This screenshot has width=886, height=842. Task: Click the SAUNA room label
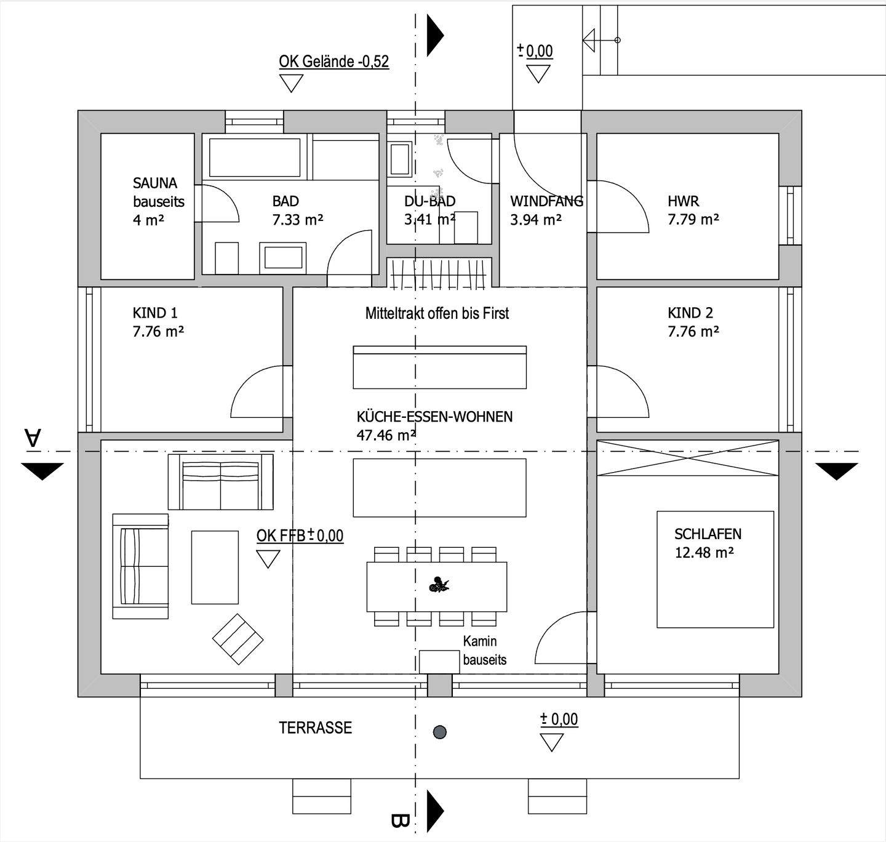pos(155,183)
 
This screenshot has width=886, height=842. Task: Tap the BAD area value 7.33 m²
pos(298,220)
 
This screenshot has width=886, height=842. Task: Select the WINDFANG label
pos(546,201)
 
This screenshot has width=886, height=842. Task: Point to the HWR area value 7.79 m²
pos(693,220)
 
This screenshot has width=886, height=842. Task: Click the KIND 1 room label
pos(155,313)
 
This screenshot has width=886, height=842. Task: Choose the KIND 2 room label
pos(690,313)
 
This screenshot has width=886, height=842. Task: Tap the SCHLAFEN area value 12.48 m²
pos(704,553)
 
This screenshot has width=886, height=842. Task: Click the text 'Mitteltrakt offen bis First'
pos(437,313)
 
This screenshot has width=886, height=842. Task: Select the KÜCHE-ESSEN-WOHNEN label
pos(434,417)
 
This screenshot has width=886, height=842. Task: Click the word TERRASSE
pos(316,728)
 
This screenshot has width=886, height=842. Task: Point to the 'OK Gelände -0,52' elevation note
pos(333,62)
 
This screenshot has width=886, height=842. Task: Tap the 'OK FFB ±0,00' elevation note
pos(300,535)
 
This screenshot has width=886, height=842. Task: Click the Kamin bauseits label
pos(484,651)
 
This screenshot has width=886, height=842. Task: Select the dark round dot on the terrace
pos(439,732)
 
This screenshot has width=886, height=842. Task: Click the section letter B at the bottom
pos(400,820)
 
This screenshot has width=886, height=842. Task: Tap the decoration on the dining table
pos(439,585)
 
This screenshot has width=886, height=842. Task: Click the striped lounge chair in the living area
pos(238,639)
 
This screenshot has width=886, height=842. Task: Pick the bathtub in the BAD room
pos(255,158)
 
